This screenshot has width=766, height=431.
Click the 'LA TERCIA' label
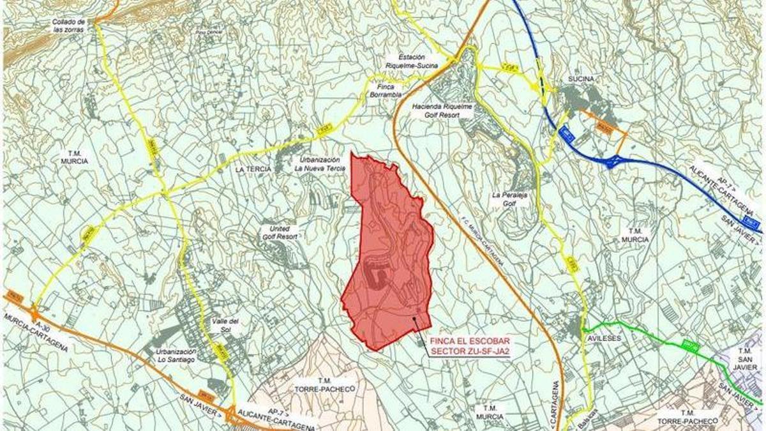click(253, 169)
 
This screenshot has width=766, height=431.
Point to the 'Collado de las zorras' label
click(68, 26)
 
